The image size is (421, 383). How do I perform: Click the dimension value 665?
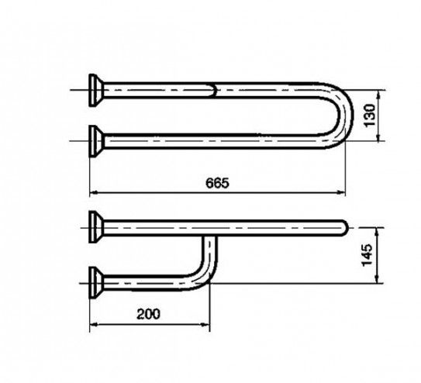(x=218, y=183)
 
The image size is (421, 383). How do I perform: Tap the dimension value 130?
(x=370, y=116)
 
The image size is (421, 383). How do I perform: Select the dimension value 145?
(x=367, y=255)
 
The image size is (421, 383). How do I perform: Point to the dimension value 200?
(x=148, y=314)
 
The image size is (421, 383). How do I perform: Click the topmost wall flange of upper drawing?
(x=95, y=90)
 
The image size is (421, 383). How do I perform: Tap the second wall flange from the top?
(x=95, y=141)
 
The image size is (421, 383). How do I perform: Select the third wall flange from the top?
(x=95, y=227)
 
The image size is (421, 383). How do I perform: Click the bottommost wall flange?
(x=95, y=282)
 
